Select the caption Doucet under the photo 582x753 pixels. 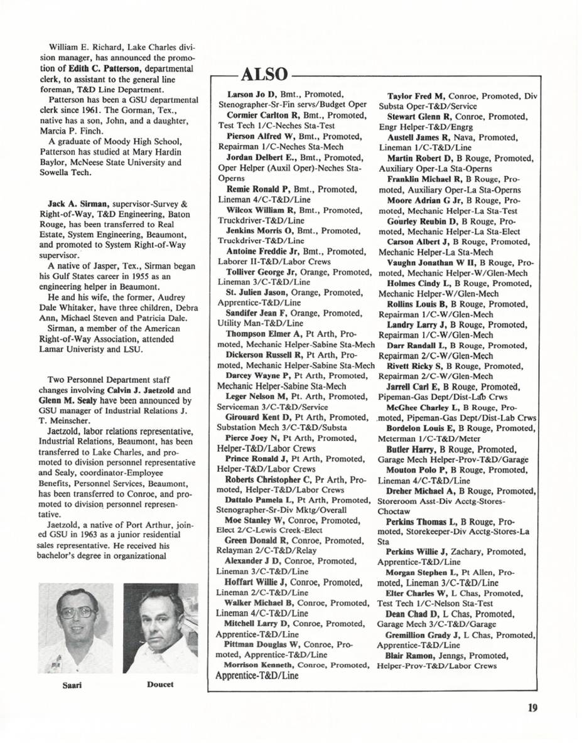click(160, 684)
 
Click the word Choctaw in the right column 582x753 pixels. click(394, 511)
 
